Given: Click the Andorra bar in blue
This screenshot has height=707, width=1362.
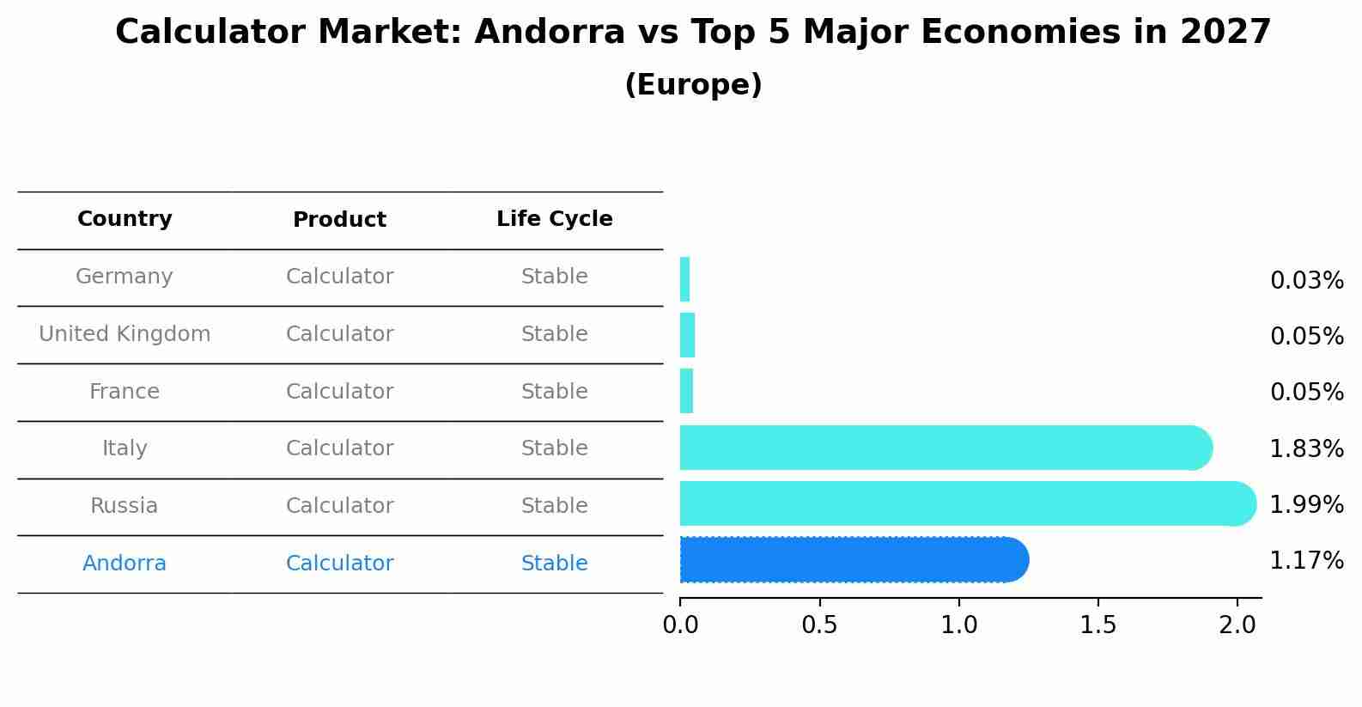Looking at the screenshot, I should [854, 560].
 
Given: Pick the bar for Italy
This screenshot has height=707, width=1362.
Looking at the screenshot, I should [945, 448].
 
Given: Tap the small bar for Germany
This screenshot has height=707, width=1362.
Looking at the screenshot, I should [684, 280].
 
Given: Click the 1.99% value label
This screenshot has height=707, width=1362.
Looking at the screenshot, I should [1306, 505].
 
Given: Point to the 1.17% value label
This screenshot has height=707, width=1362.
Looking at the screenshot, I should [1306, 561].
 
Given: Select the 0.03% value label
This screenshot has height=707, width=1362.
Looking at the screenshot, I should [1306, 281].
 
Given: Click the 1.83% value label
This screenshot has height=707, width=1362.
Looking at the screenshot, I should [1306, 448].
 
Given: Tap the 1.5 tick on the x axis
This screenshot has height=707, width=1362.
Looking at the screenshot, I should [1098, 625].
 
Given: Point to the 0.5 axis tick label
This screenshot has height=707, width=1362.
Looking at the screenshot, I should [819, 625].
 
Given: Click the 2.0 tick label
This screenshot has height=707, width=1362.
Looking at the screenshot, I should [1237, 625].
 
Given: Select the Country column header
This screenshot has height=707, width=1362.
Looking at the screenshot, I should [125, 219].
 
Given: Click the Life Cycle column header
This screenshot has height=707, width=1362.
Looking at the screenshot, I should [554, 219].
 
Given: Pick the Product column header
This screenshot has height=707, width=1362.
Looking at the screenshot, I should [339, 220].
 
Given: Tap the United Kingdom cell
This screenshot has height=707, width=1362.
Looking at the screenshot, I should [125, 334].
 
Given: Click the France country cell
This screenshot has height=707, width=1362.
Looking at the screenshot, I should [125, 392].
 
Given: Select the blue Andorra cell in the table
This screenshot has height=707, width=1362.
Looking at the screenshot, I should [125, 564].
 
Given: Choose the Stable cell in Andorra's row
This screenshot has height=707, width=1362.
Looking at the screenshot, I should [554, 564].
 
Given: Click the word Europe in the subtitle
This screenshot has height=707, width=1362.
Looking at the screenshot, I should [693, 85].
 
